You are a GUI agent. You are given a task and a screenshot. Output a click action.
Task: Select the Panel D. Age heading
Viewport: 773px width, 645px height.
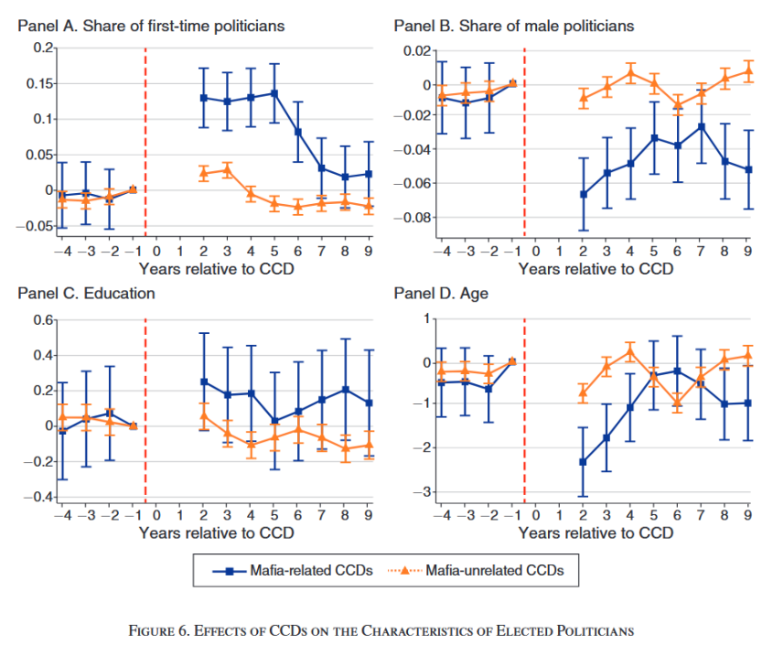[x=441, y=294]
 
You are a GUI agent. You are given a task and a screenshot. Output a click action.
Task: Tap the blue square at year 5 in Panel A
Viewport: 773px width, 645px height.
[x=274, y=93]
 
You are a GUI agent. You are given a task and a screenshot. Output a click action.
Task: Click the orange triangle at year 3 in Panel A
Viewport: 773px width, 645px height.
[x=227, y=169]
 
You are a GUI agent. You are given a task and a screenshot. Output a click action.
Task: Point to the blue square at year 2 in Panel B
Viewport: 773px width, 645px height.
[x=583, y=194]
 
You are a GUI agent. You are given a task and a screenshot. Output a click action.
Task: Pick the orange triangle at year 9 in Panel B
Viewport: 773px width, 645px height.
[x=748, y=70]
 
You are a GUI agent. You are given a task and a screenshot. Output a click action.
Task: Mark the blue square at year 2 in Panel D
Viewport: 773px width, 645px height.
[x=583, y=462]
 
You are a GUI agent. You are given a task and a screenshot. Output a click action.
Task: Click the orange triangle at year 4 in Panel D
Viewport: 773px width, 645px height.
[x=630, y=350]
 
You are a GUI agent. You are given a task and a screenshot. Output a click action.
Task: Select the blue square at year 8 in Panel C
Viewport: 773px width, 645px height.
[x=345, y=390]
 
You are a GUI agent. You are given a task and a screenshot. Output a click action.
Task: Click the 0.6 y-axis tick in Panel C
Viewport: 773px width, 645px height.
[x=44, y=320]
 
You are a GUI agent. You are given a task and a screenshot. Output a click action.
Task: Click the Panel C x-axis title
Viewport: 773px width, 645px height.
[x=216, y=532]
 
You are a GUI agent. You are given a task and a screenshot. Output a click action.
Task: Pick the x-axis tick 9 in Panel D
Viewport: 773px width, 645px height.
[x=748, y=514]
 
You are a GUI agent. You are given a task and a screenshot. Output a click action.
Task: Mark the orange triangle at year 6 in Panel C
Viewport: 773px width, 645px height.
[x=297, y=429]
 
